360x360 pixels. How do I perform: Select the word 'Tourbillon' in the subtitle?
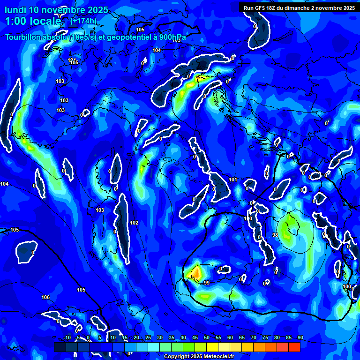tap(25, 38)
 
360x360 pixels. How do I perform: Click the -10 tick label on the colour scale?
tap(67, 338)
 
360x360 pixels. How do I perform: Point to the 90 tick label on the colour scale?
tap(300, 338)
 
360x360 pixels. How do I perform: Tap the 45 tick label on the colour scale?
tap(195, 338)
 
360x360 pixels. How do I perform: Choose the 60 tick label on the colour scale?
tap(230, 338)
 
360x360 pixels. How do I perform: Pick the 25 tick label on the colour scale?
tap(148, 338)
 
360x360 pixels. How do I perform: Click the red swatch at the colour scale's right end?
tap(294, 347)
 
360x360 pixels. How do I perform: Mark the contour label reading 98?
tap(275, 234)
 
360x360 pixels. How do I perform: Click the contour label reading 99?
tap(206, 283)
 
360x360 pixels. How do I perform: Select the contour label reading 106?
tap(45, 297)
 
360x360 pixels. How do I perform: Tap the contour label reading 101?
tap(233, 180)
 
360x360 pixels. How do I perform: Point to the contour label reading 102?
tap(134, 223)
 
